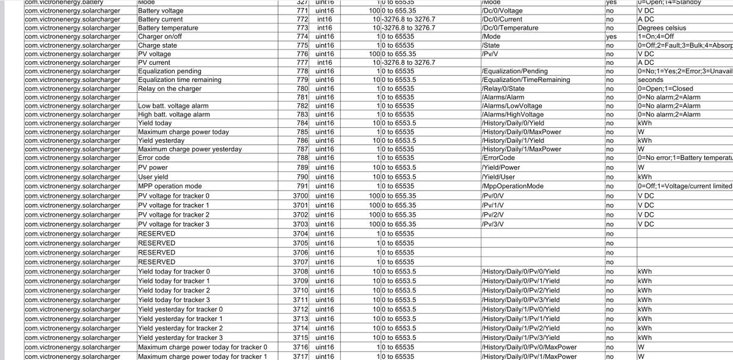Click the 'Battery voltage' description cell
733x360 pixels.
point(161,10)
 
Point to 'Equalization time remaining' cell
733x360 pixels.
point(181,80)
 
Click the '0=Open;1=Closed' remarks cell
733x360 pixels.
point(665,89)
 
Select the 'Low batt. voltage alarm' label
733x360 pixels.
point(173,106)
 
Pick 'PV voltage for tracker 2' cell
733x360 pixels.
point(173,215)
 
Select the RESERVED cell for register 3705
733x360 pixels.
point(156,243)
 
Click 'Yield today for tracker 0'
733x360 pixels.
point(174,271)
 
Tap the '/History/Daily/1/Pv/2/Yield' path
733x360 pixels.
point(520,328)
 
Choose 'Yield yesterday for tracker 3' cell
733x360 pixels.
point(180,337)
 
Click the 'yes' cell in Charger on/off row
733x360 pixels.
point(610,37)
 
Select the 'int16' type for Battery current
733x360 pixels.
point(324,19)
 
